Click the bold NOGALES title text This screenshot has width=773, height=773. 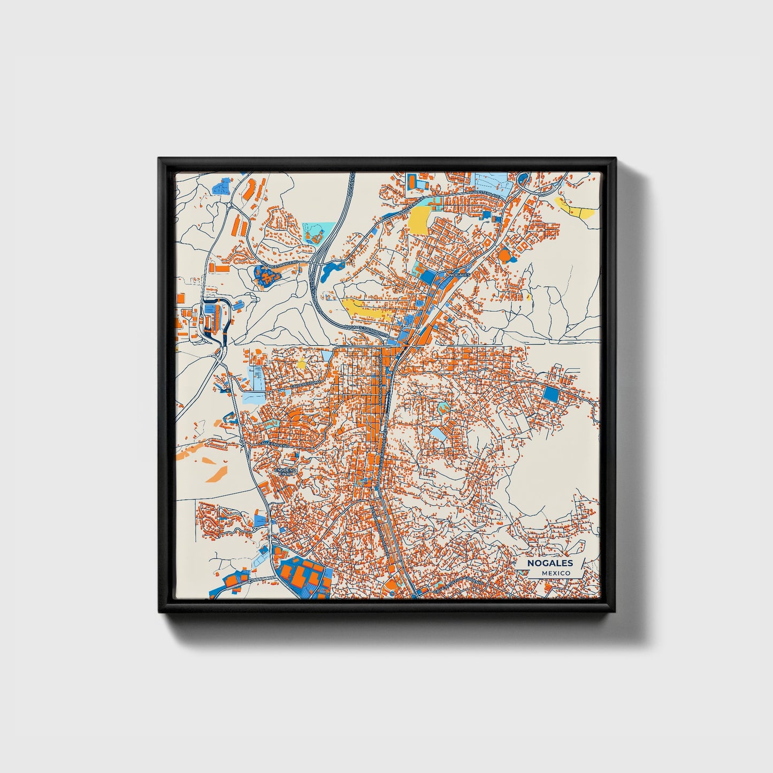[x=549, y=563]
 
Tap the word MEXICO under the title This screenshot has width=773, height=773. [x=555, y=573]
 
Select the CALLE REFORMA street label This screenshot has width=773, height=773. [x=304, y=384]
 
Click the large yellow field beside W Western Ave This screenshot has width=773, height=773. [x=419, y=220]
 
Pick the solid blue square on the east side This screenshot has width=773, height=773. [x=550, y=395]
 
